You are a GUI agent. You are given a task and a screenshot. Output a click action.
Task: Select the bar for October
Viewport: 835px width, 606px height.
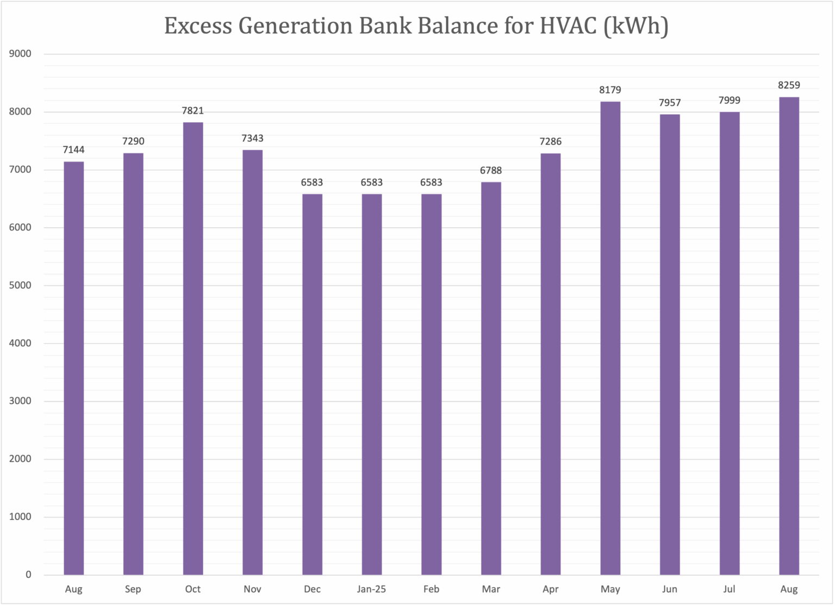point(193,348)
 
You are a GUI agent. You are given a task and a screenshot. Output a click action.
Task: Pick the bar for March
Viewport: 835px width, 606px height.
point(491,378)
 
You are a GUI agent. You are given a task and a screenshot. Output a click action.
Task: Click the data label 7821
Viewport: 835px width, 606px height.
point(193,111)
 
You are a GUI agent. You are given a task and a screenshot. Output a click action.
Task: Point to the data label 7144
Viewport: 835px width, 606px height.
point(74,150)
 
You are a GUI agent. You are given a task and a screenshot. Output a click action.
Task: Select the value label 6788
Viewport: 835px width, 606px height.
point(491,171)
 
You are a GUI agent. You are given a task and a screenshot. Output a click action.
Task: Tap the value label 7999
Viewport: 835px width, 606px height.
point(729,101)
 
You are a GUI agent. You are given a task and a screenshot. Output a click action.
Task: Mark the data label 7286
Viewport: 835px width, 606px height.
point(550,142)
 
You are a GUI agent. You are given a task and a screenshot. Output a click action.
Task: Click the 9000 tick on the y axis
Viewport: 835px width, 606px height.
point(21,54)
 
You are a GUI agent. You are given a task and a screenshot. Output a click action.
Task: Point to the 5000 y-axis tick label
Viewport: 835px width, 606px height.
point(21,285)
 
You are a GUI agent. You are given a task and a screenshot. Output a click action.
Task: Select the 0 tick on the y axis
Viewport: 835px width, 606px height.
point(28,574)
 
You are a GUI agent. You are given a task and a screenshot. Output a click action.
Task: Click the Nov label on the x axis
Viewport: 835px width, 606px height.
point(252,589)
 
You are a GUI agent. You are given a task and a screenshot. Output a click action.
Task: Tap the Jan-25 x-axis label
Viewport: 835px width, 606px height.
point(372,589)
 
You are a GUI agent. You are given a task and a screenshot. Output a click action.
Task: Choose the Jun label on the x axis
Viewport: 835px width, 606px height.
point(670,589)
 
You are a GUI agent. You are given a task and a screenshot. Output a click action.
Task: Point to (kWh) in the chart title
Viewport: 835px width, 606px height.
point(635,26)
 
